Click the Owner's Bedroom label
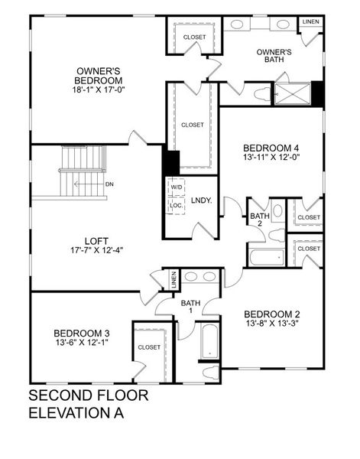click(98, 73)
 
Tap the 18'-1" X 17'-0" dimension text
click(98, 89)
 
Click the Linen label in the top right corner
click(310, 22)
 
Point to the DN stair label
click(109, 184)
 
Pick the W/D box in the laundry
click(176, 187)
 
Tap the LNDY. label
click(201, 200)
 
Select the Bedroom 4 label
click(271, 148)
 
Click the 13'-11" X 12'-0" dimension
click(271, 158)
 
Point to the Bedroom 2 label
click(271, 314)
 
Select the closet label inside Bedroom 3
click(149, 347)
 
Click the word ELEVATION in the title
click(68, 414)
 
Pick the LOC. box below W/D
click(176, 205)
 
